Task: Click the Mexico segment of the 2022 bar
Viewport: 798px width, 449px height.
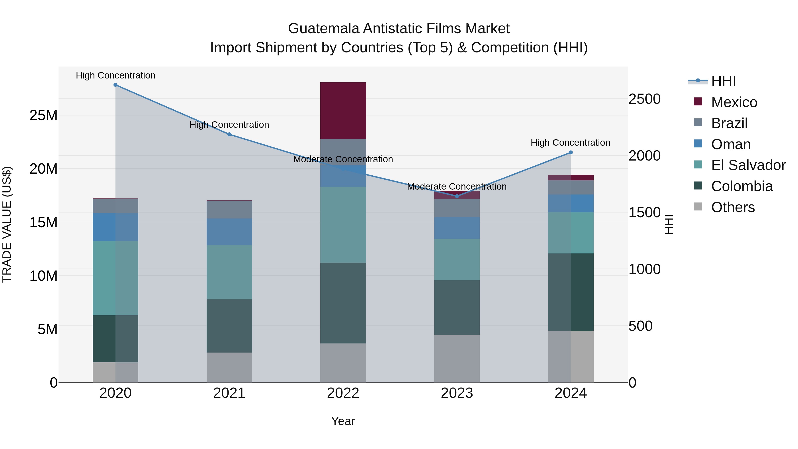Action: click(x=343, y=110)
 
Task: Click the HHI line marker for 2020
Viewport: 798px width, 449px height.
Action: click(x=115, y=85)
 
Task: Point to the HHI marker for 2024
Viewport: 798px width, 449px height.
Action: click(x=571, y=153)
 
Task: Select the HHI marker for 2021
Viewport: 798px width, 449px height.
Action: click(x=229, y=135)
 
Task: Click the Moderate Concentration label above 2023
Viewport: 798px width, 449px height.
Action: click(x=457, y=186)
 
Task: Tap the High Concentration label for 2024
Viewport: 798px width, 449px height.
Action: click(x=570, y=143)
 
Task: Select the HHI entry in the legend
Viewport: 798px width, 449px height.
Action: click(x=723, y=81)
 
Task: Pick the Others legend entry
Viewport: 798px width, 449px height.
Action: click(x=733, y=207)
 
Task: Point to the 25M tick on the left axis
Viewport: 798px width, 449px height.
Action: click(x=43, y=115)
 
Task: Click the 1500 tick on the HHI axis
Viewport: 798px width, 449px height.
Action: click(x=644, y=213)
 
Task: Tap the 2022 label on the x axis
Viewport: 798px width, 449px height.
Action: click(x=343, y=393)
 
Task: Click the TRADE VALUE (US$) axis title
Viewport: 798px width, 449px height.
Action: click(x=7, y=224)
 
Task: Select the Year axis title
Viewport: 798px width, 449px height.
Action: click(x=343, y=421)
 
